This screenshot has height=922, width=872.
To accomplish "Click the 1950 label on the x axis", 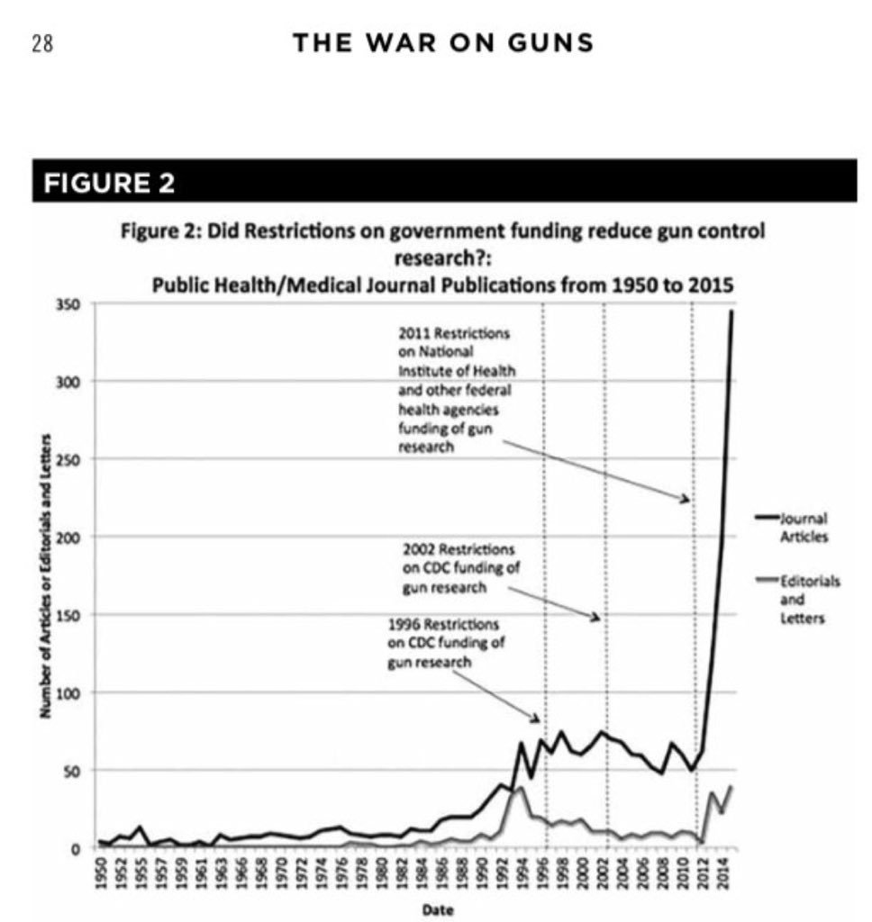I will (102, 872).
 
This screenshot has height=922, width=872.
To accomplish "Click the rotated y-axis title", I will (43, 576).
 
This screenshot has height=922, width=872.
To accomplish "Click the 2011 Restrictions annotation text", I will (455, 390).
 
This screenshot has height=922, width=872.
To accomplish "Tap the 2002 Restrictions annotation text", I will (459, 568).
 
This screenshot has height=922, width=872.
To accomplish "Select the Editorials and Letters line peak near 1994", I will (521, 788).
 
